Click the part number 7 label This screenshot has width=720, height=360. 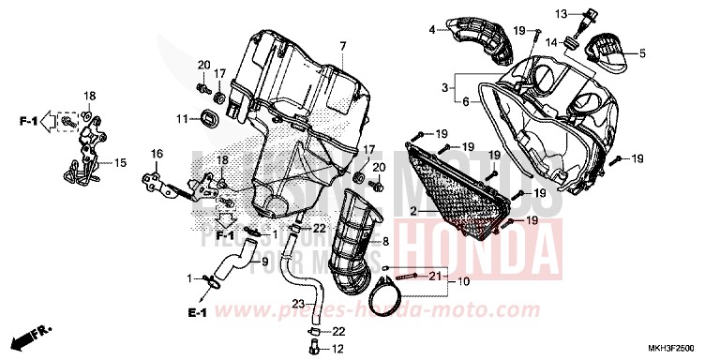click(x=343, y=46)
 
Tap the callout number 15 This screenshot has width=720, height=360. click(x=119, y=162)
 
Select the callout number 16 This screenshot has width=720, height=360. click(x=157, y=153)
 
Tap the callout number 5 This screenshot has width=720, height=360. click(x=643, y=53)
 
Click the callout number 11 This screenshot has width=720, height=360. click(x=182, y=119)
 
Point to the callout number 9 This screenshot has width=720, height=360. click(x=264, y=261)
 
